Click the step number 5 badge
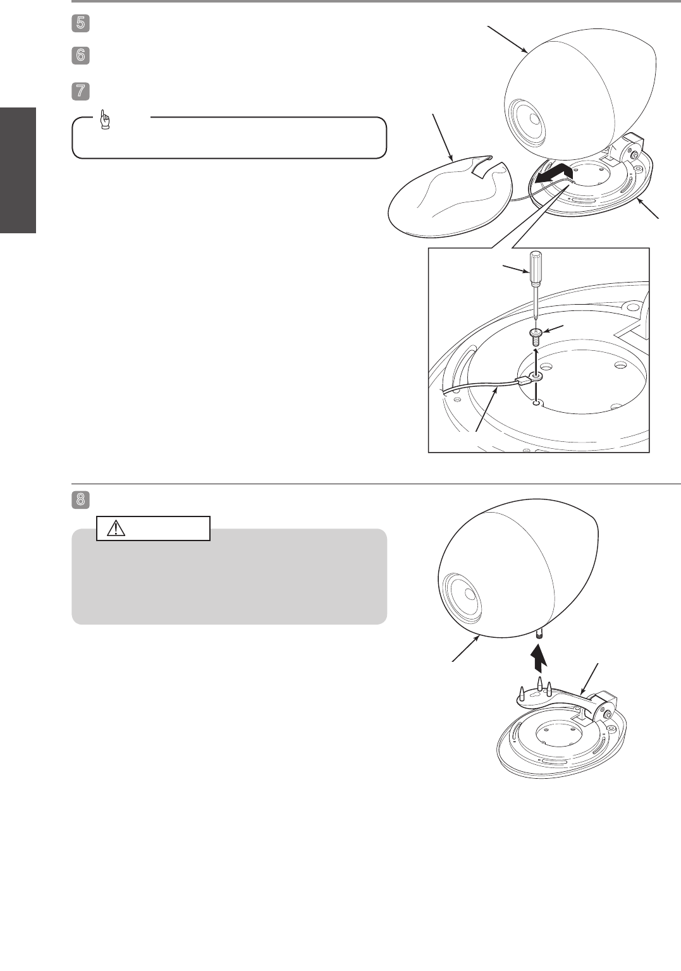[81, 23]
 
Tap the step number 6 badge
[81, 56]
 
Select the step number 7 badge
[81, 92]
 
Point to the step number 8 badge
[81, 500]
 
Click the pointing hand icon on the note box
[105, 120]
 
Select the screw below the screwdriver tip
[536, 337]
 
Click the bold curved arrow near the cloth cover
[553, 174]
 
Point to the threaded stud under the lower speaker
[539, 635]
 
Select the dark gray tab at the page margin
[18, 169]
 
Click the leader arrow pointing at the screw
[553, 329]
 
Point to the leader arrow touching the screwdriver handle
[516, 268]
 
